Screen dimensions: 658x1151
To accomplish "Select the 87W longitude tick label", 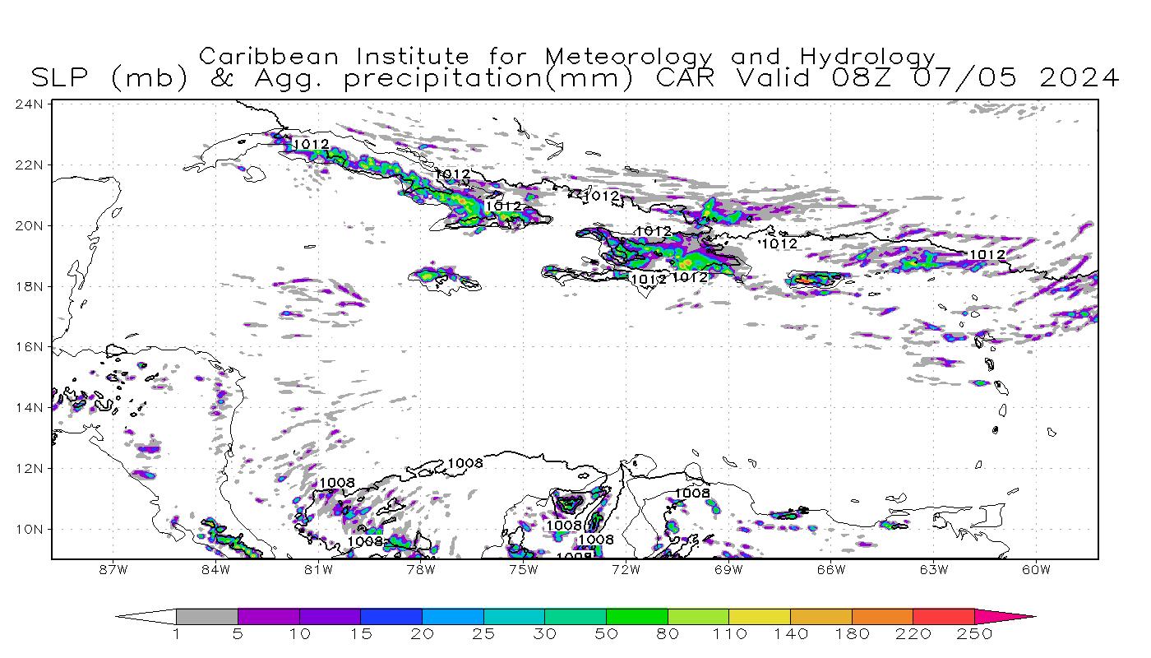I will tap(113, 568).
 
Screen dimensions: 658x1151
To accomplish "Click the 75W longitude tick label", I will tap(524, 568).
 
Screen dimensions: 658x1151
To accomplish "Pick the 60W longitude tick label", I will tap(1037, 568).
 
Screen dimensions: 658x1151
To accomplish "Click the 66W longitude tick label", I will tap(831, 568).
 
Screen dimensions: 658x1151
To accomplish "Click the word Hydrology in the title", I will tap(867, 58).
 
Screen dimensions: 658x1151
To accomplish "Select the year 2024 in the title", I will tap(1079, 78).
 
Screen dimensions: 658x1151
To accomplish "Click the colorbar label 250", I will tap(974, 634).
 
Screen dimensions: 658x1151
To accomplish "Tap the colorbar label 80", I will tap(668, 634).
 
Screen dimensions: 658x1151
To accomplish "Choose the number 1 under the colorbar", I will tap(176, 634).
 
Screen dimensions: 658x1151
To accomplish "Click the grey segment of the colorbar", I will tap(206, 616).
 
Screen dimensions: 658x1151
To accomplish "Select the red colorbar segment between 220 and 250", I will tap(944, 616).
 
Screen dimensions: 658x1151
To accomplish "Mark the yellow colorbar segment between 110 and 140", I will tap(760, 616).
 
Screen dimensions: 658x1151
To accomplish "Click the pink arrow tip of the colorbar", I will tap(1019, 616).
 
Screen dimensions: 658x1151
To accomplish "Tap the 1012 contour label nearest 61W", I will tap(987, 255).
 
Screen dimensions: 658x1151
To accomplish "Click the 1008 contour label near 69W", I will tap(692, 493).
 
